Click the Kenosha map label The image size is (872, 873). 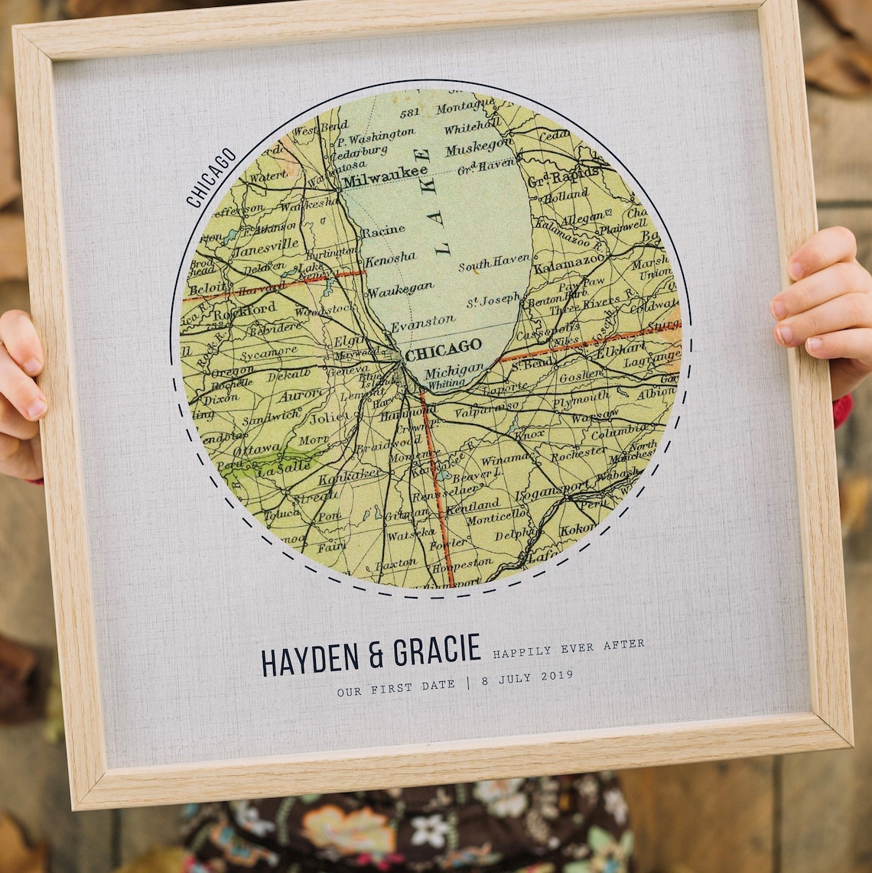coord(390,258)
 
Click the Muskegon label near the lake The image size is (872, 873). coord(479,145)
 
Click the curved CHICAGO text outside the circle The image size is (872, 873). coord(211,177)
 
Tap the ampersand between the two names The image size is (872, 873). coord(376,655)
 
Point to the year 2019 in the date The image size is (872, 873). coord(556,676)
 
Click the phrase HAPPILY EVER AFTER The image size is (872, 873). coord(568,648)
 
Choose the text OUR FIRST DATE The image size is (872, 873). coord(395,687)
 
